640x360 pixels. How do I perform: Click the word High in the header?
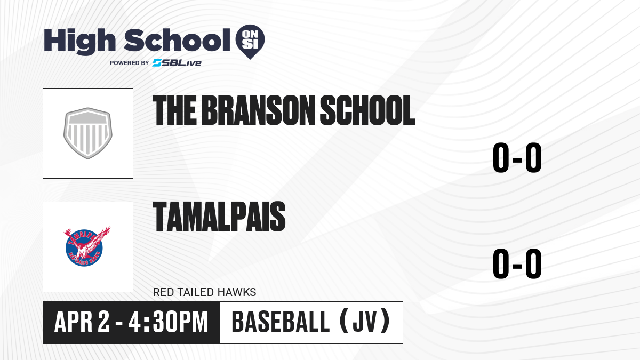(79, 41)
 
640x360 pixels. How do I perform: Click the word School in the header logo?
(177, 40)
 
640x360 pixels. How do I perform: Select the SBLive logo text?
(177, 62)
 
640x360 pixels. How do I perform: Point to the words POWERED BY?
(130, 63)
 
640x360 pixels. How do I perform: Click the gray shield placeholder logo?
(87, 133)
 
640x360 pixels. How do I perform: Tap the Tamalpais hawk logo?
(87, 246)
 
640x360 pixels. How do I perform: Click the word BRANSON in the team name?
(258, 110)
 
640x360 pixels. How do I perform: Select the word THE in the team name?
(175, 110)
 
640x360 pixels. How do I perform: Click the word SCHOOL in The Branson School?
(367, 110)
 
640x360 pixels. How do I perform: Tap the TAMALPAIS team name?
(219, 217)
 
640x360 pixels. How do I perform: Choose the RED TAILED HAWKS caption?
(205, 292)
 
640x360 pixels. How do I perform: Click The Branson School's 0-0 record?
(517, 157)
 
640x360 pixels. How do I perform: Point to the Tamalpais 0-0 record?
(517, 263)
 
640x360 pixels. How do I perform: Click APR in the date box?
(74, 322)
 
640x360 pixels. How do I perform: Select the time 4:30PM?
(169, 322)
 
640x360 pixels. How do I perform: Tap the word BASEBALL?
(281, 322)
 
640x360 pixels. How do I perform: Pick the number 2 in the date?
(103, 322)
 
